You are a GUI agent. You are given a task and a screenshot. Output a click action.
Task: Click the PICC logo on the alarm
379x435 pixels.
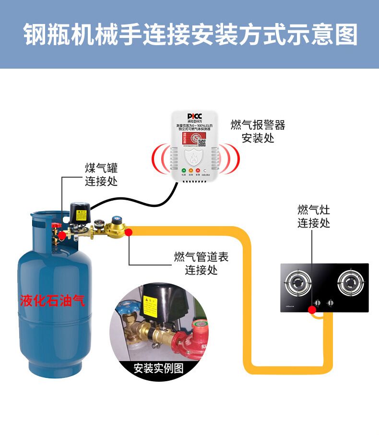click(195, 117)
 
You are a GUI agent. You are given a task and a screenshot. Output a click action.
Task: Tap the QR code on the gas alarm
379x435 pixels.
click(202, 141)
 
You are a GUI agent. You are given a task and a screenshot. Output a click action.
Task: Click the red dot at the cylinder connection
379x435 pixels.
click(61, 235)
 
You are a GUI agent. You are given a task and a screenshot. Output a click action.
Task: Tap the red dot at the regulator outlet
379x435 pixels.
click(130, 232)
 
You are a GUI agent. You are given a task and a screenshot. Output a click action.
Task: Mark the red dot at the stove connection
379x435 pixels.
click(313, 310)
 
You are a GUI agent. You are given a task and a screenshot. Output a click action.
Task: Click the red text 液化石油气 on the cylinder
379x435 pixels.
click(52, 301)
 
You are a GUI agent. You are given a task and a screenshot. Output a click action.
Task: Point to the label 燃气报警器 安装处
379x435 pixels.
click(258, 132)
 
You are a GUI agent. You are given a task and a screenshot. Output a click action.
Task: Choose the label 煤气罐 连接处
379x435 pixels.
click(101, 174)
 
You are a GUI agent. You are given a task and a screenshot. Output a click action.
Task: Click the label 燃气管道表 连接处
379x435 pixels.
click(201, 263)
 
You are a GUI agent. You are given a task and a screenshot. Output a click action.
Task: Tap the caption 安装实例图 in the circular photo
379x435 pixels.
click(158, 368)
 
